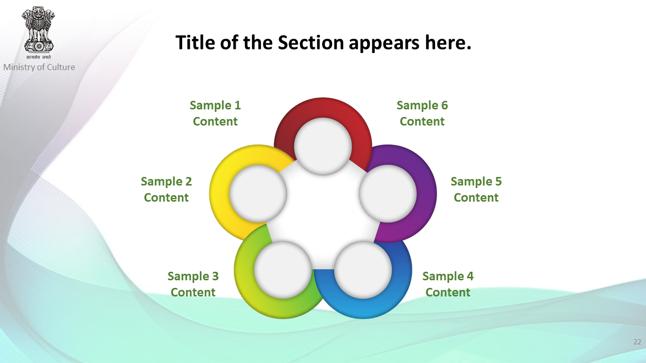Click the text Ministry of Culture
click(x=39, y=67)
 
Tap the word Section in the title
click(x=311, y=42)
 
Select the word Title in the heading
click(x=195, y=42)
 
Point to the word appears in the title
click(x=384, y=44)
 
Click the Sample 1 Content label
click(x=215, y=113)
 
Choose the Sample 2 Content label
click(x=167, y=189)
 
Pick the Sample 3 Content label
click(x=193, y=284)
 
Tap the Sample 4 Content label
click(x=448, y=284)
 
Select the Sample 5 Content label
click(x=476, y=189)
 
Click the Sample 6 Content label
click(x=422, y=113)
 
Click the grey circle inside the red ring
click(x=323, y=146)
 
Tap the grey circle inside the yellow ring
click(x=258, y=193)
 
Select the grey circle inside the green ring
click(x=283, y=270)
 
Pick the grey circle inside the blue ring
click(x=363, y=270)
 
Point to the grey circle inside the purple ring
click(x=388, y=193)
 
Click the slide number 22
click(x=637, y=342)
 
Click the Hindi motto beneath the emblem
click(x=38, y=57)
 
